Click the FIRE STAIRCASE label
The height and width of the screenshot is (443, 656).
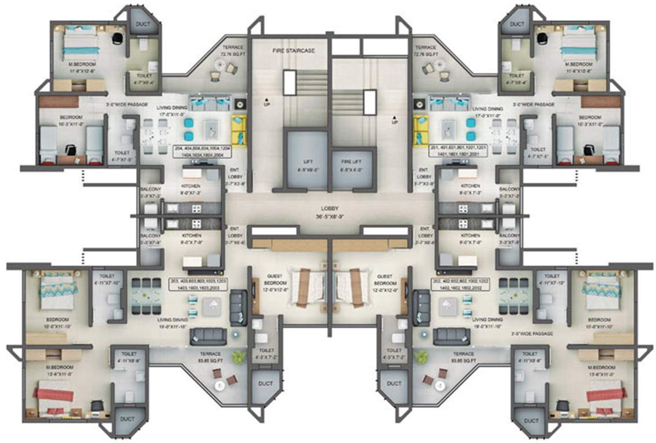(294, 51)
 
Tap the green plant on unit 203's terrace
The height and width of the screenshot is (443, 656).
(237, 358)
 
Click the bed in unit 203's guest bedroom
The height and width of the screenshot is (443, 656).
(305, 287)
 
